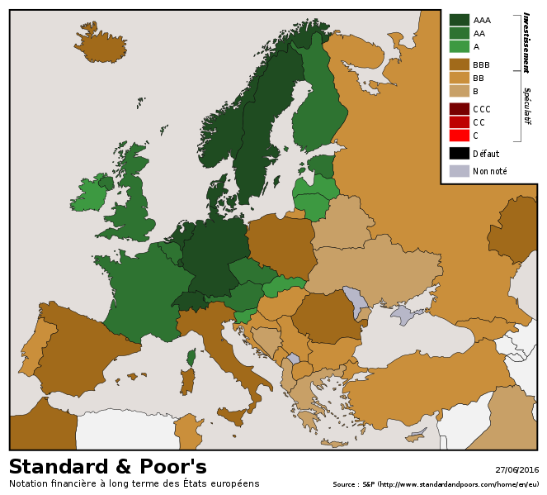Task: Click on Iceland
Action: tap(101, 46)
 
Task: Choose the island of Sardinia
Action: tap(187, 381)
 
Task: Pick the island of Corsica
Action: tap(191, 357)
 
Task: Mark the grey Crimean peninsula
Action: tap(404, 314)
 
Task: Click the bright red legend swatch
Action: tap(459, 135)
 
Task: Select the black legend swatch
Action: tap(459, 153)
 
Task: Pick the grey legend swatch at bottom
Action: tap(459, 171)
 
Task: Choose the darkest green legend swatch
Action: tap(459, 20)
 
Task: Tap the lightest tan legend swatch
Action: tap(459, 90)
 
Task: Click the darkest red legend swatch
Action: tap(459, 108)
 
